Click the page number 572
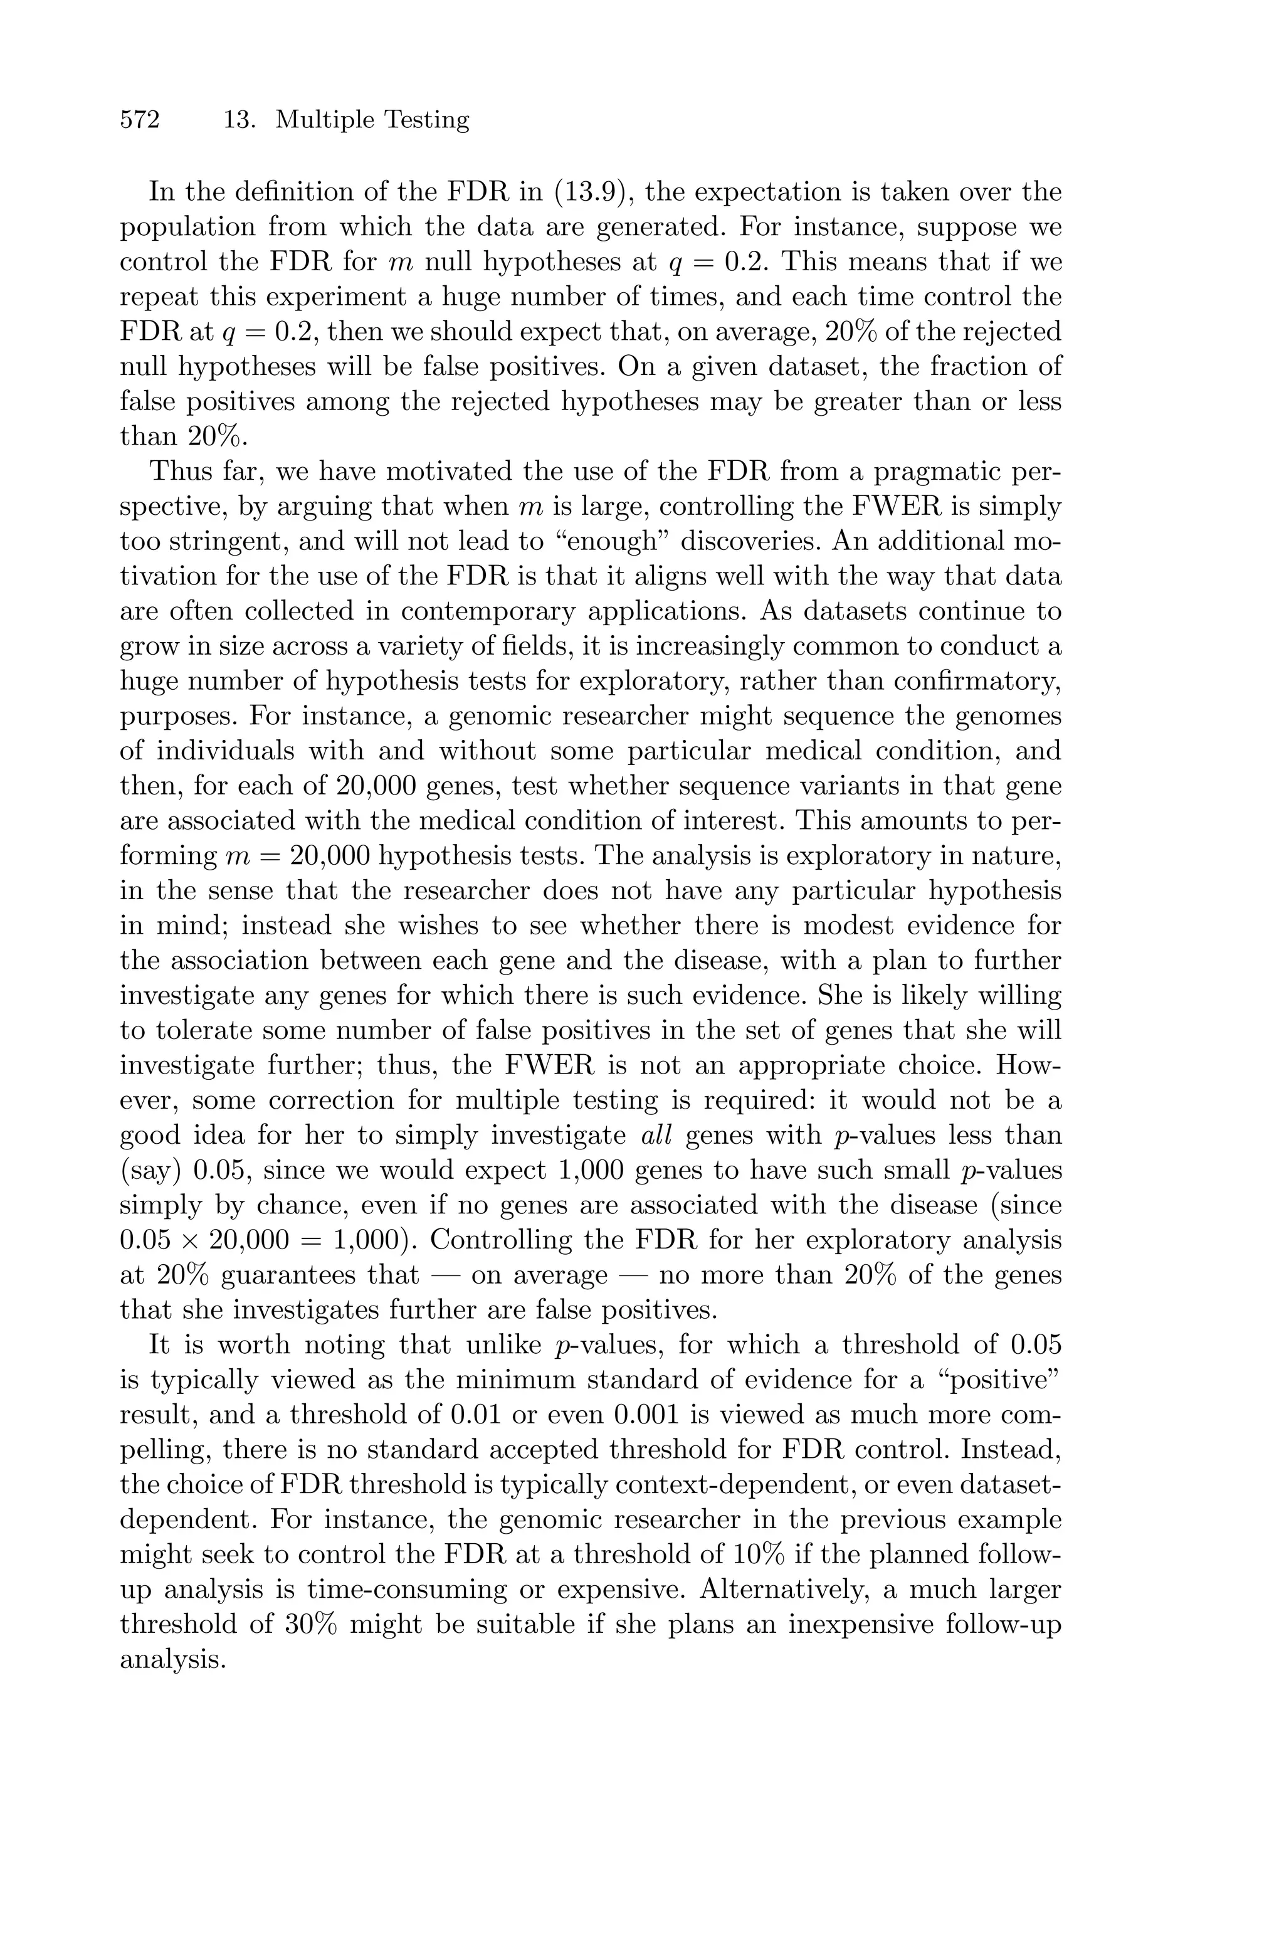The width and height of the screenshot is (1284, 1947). coord(139,120)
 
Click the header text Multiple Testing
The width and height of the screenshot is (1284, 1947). coord(372,120)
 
